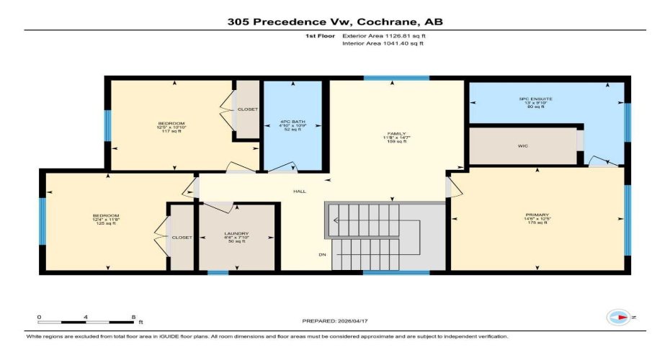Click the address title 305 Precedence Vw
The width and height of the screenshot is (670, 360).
click(x=335, y=22)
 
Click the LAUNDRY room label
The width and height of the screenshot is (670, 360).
click(x=236, y=234)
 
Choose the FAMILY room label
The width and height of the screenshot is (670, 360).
click(x=396, y=134)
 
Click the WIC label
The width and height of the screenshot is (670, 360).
click(x=523, y=146)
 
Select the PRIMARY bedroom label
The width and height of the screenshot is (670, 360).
click(x=537, y=215)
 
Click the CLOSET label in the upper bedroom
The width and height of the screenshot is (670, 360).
click(x=248, y=109)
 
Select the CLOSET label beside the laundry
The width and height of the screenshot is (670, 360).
click(x=182, y=238)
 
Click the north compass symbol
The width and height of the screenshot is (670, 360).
click(x=619, y=317)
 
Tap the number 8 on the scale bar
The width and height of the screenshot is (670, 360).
click(x=133, y=317)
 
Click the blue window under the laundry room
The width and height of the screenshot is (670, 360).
click(x=218, y=273)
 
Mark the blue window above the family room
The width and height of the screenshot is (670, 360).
click(x=396, y=78)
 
